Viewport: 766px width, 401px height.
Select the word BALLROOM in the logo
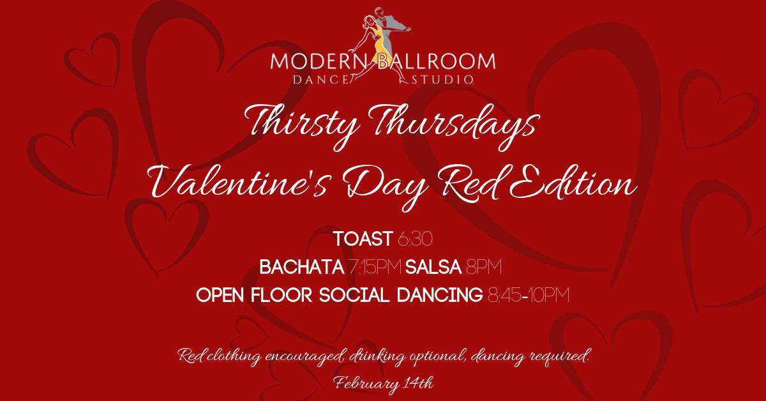point(437,61)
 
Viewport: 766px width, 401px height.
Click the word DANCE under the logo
point(320,80)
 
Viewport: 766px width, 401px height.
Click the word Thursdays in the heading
point(456,126)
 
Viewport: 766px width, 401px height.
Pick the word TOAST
point(363,239)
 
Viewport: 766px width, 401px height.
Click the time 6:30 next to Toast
point(415,239)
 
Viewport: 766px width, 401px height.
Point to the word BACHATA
point(302,267)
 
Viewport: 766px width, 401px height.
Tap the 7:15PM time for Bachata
point(375,267)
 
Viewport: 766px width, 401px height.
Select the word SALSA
point(433,267)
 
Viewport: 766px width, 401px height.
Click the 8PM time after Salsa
point(484,267)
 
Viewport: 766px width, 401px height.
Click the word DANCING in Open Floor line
point(440,295)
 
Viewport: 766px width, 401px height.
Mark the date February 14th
point(384,383)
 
